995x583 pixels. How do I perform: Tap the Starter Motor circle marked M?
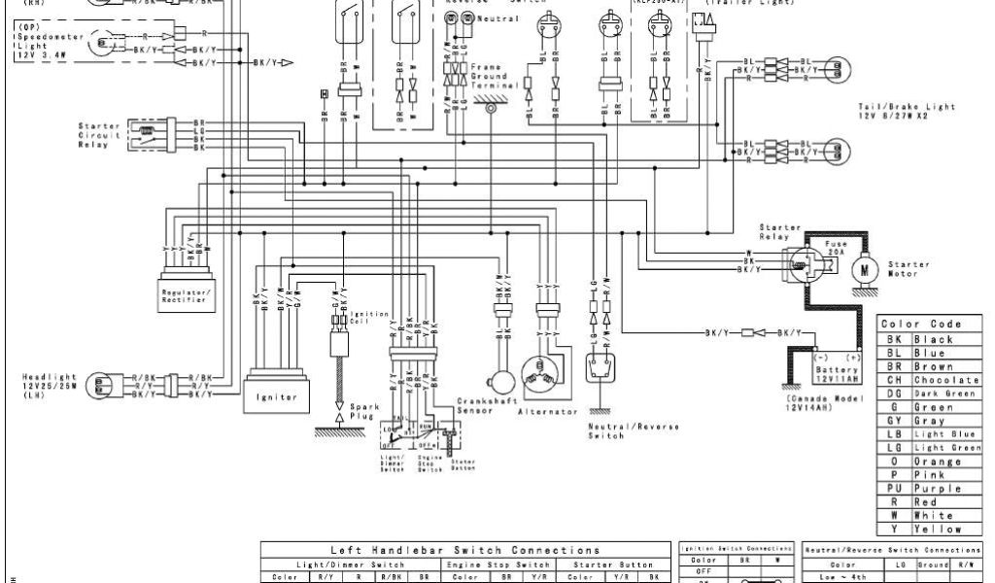tap(864, 267)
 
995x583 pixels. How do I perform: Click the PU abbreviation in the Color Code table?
tap(894, 489)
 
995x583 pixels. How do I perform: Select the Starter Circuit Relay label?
tap(99, 137)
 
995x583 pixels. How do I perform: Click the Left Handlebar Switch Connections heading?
tap(465, 551)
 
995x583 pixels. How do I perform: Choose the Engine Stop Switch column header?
tap(497, 564)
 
